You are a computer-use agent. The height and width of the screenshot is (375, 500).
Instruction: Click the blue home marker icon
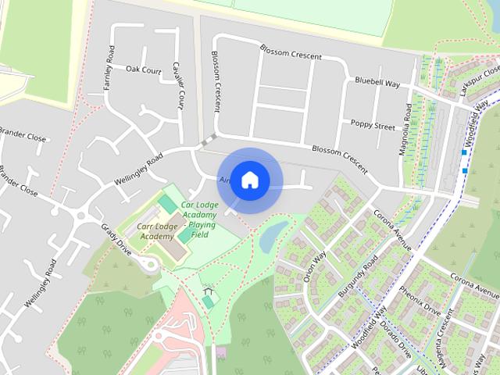(249, 180)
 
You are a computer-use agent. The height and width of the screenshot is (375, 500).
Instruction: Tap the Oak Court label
(143, 70)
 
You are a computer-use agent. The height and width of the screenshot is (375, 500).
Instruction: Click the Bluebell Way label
(377, 81)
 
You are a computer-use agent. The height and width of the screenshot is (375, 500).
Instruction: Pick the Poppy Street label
(373, 124)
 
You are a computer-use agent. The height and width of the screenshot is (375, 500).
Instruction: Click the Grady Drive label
(116, 237)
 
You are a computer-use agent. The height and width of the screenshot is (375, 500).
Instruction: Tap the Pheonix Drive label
(421, 302)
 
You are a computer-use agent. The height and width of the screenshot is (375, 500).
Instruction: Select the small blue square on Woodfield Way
(465, 169)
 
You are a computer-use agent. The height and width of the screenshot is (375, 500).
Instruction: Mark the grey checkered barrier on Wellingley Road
(209, 141)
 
